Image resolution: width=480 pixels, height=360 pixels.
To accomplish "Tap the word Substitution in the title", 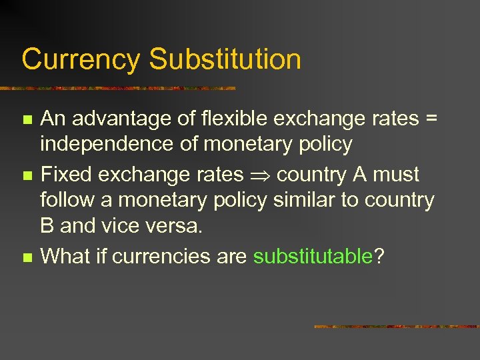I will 225,59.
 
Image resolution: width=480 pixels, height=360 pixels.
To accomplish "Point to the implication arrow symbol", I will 260,175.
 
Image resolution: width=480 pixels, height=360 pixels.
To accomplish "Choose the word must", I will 395,175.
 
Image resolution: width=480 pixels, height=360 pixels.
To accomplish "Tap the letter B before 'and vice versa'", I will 47,225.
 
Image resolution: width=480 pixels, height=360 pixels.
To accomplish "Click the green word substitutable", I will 313,256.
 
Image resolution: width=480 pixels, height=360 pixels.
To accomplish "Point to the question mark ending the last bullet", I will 379,256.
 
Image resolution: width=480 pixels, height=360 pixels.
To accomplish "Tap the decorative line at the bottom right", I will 396,327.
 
